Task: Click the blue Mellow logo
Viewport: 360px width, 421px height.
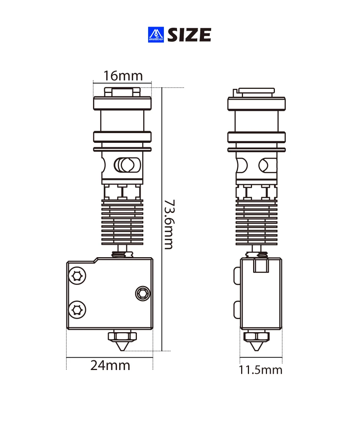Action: (156, 34)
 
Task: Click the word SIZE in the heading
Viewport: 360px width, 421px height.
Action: (189, 35)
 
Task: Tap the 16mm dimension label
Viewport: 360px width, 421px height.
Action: (123, 76)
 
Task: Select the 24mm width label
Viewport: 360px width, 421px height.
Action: (110, 366)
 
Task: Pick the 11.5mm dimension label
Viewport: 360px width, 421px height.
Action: (261, 370)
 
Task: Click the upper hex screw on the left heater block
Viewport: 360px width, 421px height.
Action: (77, 276)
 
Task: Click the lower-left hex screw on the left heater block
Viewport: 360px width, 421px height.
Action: (77, 310)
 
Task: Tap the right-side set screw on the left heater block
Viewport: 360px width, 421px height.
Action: (142, 294)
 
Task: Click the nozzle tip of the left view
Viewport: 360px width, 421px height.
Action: (123, 350)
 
